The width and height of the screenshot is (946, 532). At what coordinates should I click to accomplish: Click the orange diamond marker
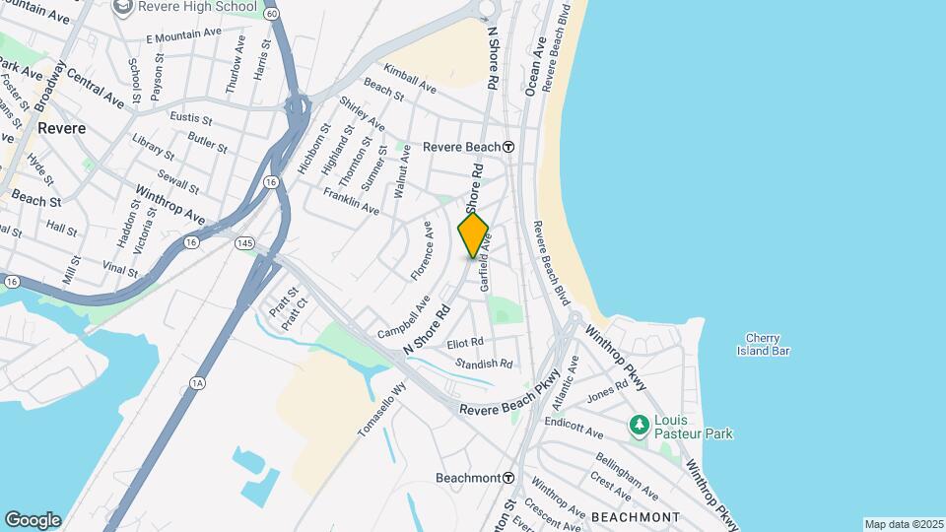pos(473,235)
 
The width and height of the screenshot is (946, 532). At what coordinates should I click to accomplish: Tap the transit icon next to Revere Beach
pos(508,147)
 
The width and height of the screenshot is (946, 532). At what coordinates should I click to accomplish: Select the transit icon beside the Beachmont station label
pos(508,478)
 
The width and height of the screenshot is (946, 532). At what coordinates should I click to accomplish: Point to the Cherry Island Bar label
pos(769,344)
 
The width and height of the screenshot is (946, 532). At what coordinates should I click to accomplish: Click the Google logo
pos(33,519)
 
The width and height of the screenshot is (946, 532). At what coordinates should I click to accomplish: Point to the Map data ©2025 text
pos(903,524)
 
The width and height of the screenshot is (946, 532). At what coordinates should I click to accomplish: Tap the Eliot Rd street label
pos(465,343)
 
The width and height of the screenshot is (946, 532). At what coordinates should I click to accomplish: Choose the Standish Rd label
pos(484,364)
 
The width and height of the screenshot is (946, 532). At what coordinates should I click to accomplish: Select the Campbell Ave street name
pos(404,311)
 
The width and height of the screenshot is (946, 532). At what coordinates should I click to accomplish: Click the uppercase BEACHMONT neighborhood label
pos(635,517)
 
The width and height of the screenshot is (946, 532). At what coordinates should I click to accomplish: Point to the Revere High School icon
pos(124,8)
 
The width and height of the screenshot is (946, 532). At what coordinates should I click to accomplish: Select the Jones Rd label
pos(607,393)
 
